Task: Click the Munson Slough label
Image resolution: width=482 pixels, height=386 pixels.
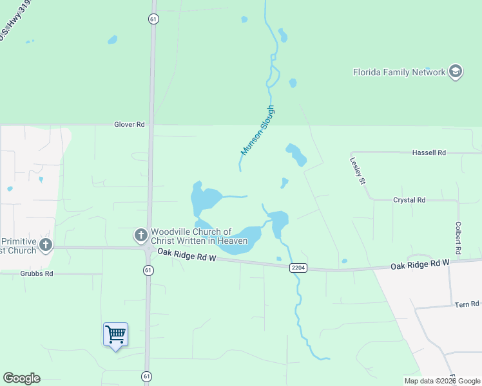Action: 258,130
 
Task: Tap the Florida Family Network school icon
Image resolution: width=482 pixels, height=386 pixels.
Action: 456,71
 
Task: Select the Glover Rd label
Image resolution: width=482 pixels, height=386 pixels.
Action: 130,124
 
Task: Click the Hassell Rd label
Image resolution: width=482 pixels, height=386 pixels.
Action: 429,152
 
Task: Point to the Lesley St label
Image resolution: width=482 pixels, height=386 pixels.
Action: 358,170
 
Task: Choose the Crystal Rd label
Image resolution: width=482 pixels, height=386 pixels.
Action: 409,200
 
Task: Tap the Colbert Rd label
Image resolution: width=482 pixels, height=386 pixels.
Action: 459,237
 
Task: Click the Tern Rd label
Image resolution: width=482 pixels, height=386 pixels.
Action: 467,304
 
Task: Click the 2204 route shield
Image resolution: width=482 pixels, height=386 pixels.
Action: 297,268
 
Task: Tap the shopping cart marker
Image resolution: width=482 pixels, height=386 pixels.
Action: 116,335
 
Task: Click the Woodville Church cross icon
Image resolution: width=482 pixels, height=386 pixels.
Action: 141,236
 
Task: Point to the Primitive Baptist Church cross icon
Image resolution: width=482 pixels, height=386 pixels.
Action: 45,244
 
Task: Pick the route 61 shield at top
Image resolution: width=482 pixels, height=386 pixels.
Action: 153,19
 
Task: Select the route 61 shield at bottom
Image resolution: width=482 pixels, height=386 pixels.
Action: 148,376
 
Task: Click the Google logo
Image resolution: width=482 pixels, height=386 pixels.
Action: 21,378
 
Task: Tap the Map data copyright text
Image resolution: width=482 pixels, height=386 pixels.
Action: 442,381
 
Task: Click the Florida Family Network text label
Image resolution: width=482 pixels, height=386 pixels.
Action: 399,72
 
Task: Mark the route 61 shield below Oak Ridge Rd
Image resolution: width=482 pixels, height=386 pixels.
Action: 148,270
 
